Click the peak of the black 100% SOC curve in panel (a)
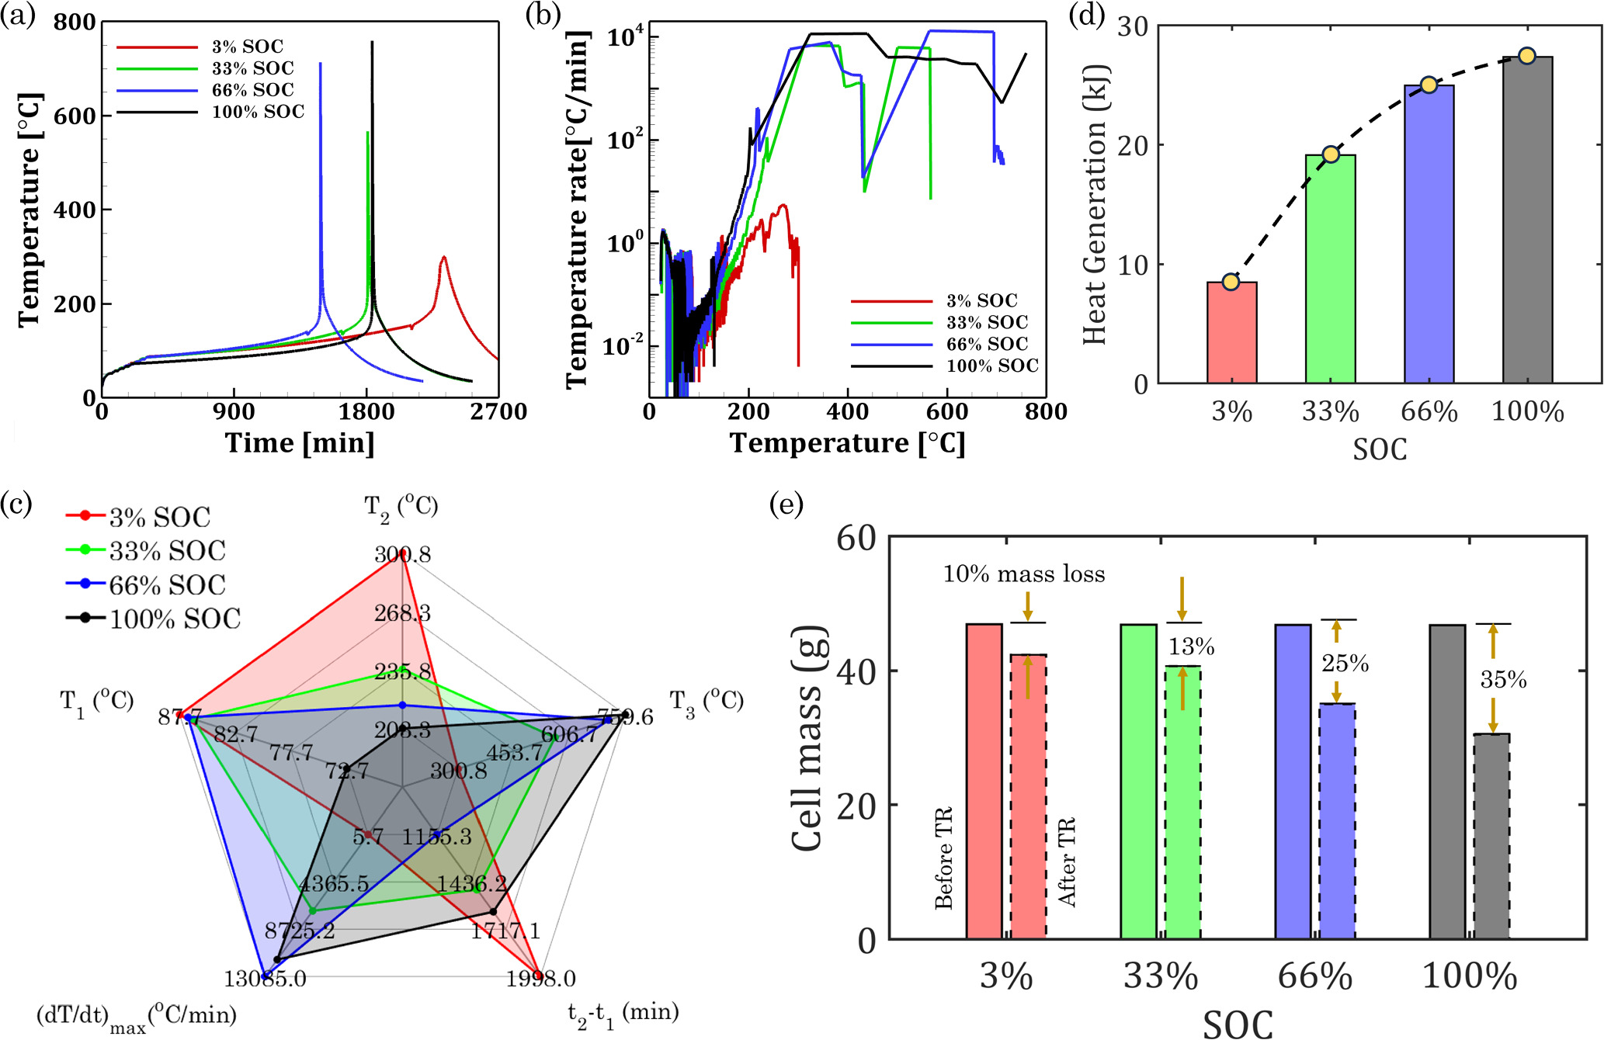(372, 43)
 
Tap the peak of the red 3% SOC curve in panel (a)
(443, 258)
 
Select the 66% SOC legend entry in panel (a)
(252, 90)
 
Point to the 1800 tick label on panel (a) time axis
(366, 412)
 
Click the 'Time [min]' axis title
(300, 443)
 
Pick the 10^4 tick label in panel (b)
(624, 36)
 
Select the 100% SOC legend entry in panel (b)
(991, 366)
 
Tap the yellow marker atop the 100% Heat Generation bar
(1526, 56)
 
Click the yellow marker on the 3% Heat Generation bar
(1231, 282)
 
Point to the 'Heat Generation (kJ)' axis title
(1094, 204)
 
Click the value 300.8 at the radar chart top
(402, 555)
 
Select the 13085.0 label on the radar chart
(265, 979)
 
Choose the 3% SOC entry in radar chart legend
(159, 517)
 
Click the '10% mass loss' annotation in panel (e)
(1023, 574)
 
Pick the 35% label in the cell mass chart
(1503, 680)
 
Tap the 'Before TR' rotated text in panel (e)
(943, 858)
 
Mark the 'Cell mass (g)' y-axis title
(808, 739)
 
